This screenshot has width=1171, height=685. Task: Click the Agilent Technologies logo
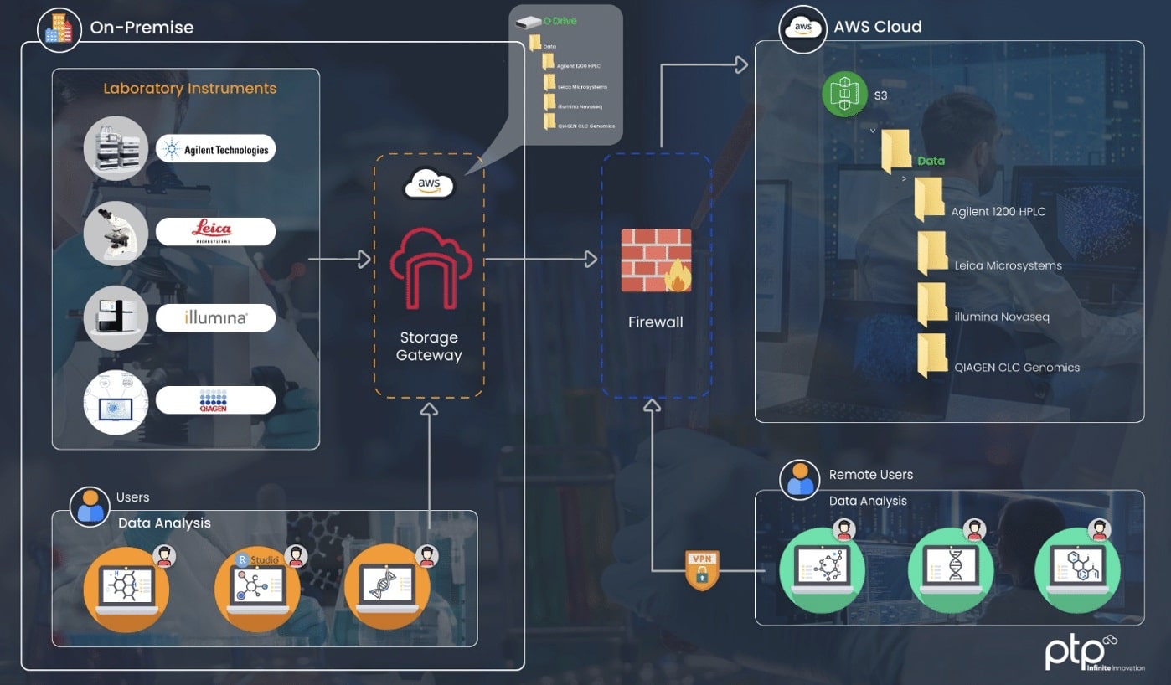[x=216, y=149]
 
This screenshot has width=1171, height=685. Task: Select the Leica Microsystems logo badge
[x=216, y=232]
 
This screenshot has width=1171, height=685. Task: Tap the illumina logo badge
[x=216, y=318]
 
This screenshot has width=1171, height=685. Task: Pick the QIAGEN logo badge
[x=216, y=400]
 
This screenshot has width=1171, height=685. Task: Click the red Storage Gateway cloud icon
[x=428, y=269]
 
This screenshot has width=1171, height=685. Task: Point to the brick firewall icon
[x=656, y=260]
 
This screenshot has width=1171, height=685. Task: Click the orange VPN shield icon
[x=702, y=570]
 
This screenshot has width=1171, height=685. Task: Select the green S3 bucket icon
[x=843, y=94]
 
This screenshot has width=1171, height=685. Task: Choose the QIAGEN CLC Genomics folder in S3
[x=932, y=355]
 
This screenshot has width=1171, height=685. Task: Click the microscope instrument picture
[x=116, y=232]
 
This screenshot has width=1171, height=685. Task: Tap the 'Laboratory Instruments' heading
[x=189, y=89]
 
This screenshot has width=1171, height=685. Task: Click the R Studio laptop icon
[x=257, y=586]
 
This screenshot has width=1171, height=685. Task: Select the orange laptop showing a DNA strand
[x=387, y=586]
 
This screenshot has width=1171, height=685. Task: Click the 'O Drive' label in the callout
[x=560, y=21]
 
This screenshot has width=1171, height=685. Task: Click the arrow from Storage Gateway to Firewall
[x=541, y=260]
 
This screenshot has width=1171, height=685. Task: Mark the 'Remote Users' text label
[x=870, y=475]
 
